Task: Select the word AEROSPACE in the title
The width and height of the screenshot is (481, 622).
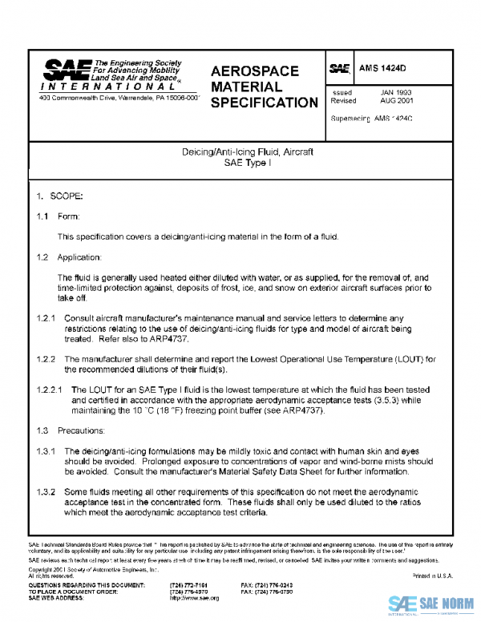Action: point(254,71)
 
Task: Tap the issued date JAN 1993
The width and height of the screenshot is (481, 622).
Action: point(396,93)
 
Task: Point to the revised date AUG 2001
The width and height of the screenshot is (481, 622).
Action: point(396,102)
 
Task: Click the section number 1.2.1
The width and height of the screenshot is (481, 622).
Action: point(46,317)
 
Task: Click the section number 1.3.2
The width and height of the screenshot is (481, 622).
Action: point(46,491)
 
